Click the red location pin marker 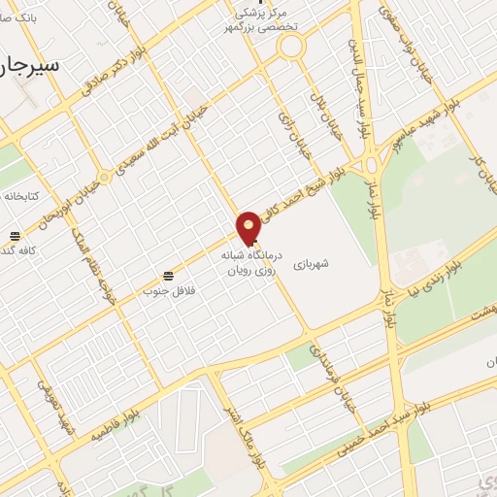click(x=249, y=227)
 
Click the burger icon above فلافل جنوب click(x=169, y=276)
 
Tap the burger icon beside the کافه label click(x=15, y=237)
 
